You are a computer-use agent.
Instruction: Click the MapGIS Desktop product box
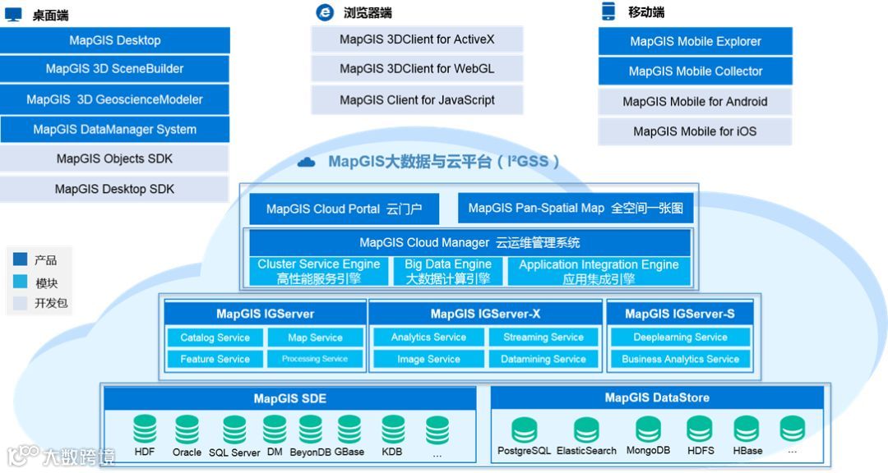[x=115, y=40]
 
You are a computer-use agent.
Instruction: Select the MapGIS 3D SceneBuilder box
[x=115, y=69]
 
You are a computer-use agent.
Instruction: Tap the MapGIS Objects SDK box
[x=115, y=158]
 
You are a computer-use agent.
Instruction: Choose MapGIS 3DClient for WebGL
[x=417, y=69]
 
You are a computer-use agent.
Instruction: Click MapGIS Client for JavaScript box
[x=417, y=100]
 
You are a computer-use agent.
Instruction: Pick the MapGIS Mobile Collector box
[x=696, y=71]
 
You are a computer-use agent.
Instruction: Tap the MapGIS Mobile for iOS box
[x=695, y=131]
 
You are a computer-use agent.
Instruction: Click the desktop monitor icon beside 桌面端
[x=13, y=15]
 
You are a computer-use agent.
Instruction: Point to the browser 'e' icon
[x=325, y=12]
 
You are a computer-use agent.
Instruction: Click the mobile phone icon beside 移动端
[x=608, y=11]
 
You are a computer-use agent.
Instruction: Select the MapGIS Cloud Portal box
[x=344, y=209]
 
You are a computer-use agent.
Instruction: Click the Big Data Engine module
[x=448, y=271]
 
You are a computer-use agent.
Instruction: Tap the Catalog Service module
[x=215, y=338]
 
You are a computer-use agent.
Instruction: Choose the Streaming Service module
[x=543, y=338]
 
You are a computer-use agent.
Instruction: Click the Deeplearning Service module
[x=680, y=338]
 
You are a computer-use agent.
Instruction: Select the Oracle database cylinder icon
[x=187, y=429]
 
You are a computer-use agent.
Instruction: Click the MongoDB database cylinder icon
[x=648, y=429]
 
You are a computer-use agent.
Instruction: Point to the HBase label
[x=747, y=451]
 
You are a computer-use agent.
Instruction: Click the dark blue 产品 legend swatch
[x=21, y=260]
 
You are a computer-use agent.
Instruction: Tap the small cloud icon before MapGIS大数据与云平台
[x=306, y=163]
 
